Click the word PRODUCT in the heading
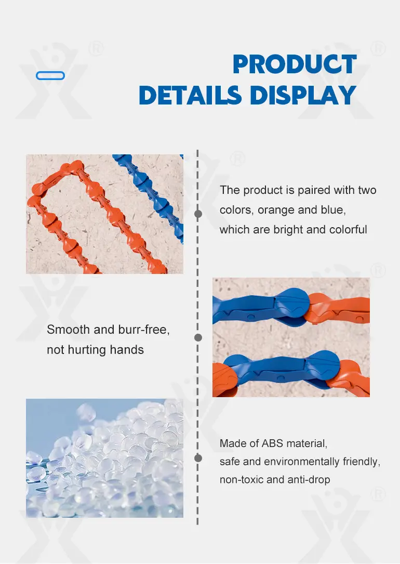coord(295,64)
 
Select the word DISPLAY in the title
coord(303,95)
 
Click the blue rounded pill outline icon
coord(50,75)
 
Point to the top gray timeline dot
coord(198,214)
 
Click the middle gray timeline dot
coord(198,337)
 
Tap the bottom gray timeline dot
coord(198,458)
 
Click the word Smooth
coord(68,330)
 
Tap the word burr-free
coord(144,330)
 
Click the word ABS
coord(273,443)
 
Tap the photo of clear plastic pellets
coord(104,458)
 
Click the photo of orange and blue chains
coord(104,214)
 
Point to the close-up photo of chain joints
coord(291,337)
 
